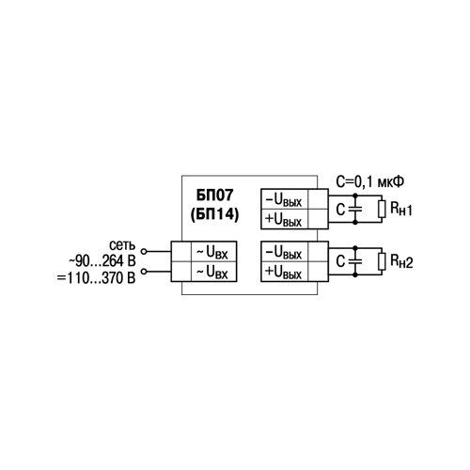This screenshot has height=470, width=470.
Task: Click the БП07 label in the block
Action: [215, 195]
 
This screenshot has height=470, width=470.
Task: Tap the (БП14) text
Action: [215, 214]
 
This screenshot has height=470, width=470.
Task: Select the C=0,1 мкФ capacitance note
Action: [370, 181]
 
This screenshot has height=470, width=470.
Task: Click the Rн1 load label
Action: [401, 209]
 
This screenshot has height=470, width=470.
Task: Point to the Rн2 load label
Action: [401, 261]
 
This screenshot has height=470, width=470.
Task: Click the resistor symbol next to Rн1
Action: [382, 209]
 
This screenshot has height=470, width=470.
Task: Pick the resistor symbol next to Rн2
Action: [382, 261]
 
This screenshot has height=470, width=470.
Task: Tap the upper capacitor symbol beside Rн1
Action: [355, 209]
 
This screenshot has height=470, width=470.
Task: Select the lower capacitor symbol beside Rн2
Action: [355, 261]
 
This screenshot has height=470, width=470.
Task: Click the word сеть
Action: [122, 245]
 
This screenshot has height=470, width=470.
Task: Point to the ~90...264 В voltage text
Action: [102, 261]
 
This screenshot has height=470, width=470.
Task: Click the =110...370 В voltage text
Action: [96, 278]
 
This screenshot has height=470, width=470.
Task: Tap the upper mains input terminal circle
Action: [144, 251]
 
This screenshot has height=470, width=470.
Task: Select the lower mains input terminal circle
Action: [144, 272]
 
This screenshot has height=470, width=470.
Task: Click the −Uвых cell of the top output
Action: [284, 199]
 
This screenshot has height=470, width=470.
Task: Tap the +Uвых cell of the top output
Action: [284, 219]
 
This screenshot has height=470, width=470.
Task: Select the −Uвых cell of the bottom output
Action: [284, 252]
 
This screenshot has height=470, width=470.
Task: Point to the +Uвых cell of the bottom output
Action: [284, 272]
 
